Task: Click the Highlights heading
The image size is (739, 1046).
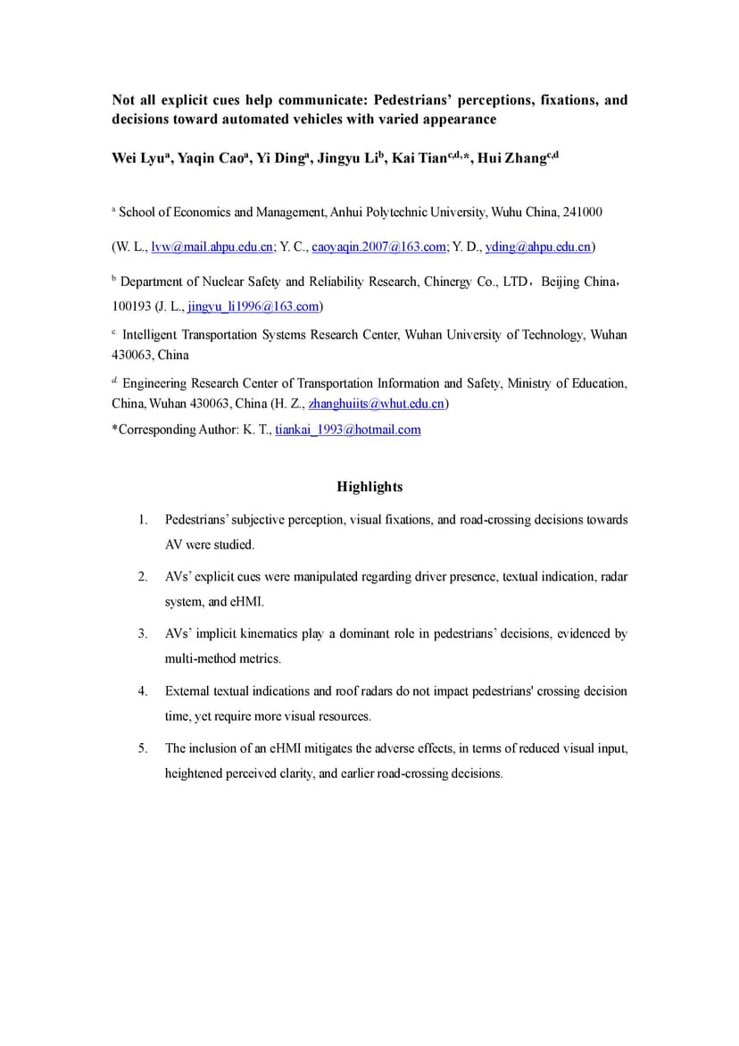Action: pyautogui.click(x=369, y=487)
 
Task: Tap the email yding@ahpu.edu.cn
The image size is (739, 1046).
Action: pyautogui.click(x=537, y=247)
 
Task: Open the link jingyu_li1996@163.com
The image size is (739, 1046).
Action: pyautogui.click(x=253, y=306)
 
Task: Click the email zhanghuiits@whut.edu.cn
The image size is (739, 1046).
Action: pyautogui.click(x=376, y=404)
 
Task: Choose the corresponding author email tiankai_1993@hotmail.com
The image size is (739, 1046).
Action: pyautogui.click(x=347, y=430)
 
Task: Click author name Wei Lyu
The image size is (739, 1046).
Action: pyautogui.click(x=136, y=159)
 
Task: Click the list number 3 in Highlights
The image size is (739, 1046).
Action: pyautogui.click(x=142, y=634)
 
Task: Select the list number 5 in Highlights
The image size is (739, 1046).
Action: pyautogui.click(x=142, y=749)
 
